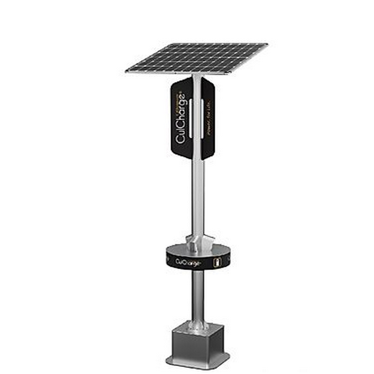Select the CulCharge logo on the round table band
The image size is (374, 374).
tap(188, 263)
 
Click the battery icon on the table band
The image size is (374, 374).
tap(216, 262)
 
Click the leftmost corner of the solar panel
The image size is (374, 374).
tap(126, 71)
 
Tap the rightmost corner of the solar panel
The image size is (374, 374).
tap(267, 44)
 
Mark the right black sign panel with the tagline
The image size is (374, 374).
tap(209, 119)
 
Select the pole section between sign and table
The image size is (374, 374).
tap(198, 196)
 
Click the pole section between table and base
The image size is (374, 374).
tap(198, 295)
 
